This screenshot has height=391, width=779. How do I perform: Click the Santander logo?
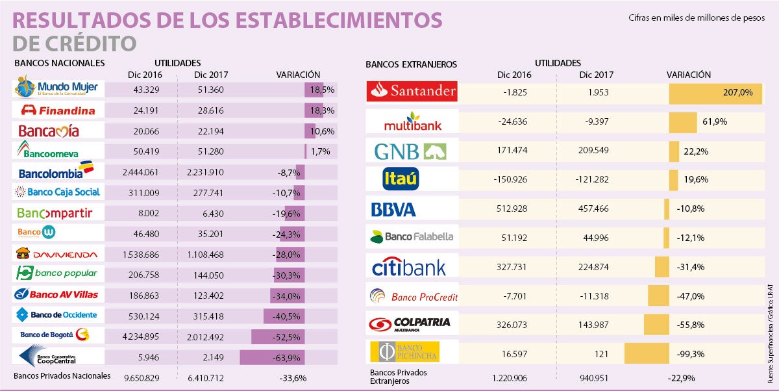point(412,92)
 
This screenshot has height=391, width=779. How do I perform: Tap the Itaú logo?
point(401,179)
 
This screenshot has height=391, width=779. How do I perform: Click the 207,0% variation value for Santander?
point(738,93)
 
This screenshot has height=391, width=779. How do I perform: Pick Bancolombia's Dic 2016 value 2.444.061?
point(142,172)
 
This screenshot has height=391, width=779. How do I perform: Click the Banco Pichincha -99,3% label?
point(691,353)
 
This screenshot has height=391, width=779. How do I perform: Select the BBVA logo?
point(393,209)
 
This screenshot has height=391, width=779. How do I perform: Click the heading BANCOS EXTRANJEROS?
point(411,64)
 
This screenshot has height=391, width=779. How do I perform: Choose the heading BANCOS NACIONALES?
point(59,63)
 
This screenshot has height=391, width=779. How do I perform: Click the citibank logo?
point(409,267)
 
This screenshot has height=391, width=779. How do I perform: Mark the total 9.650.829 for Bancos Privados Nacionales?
point(142,377)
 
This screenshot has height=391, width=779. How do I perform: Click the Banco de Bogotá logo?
point(55,334)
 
